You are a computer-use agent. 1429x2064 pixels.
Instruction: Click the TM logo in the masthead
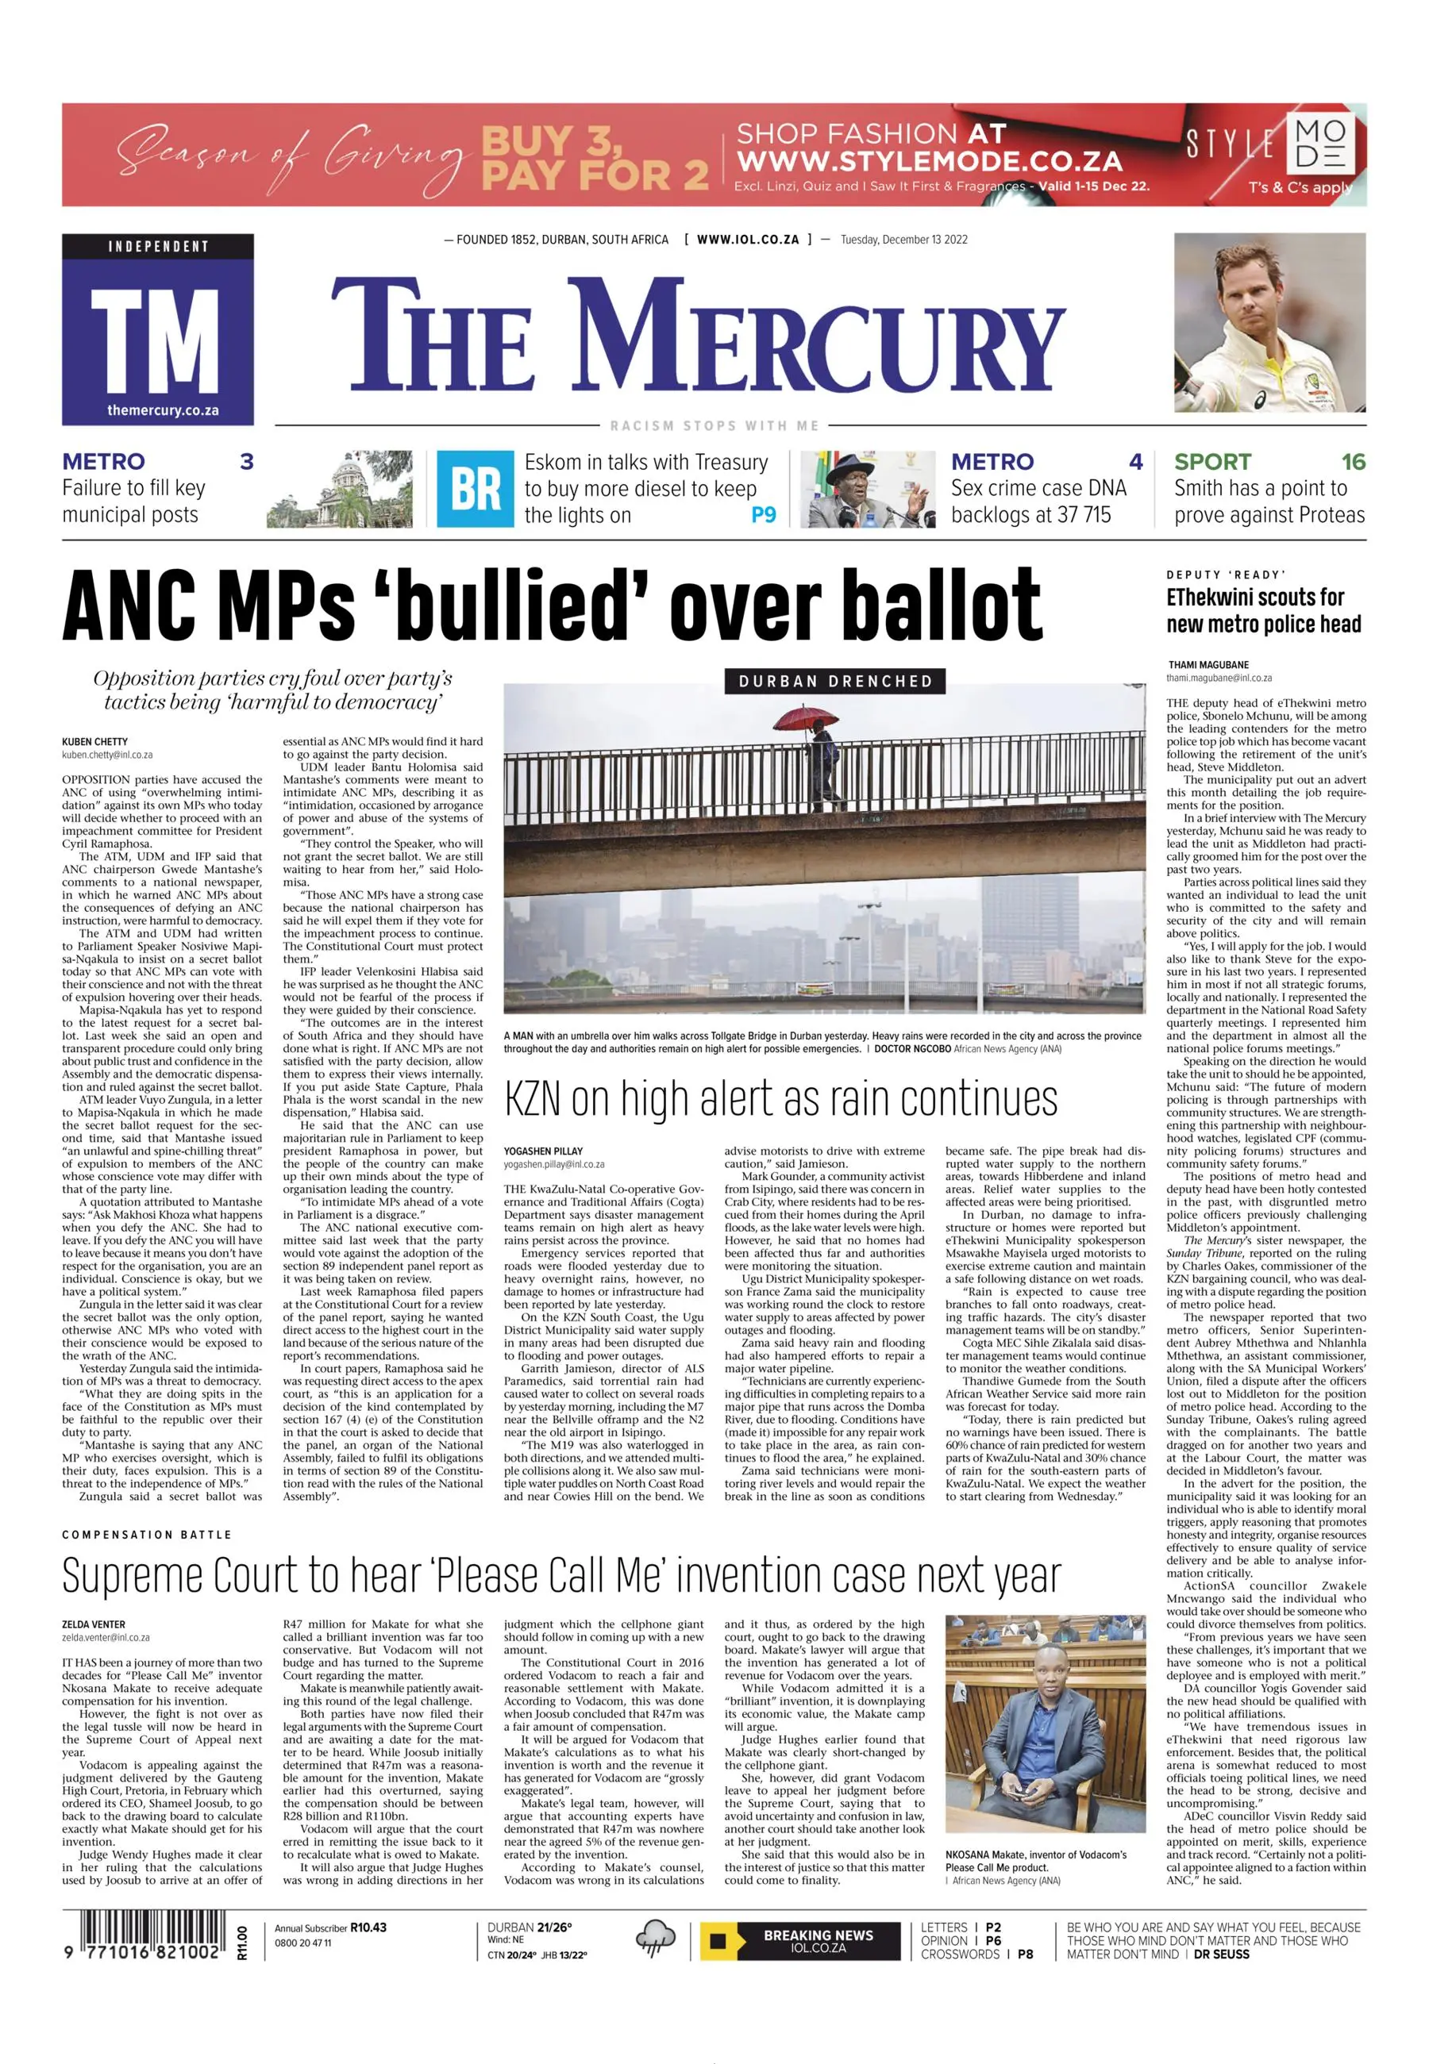tap(157, 329)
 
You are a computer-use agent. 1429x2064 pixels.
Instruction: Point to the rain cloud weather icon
tap(656, 1939)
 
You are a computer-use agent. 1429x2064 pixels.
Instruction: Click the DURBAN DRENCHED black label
tap(834, 681)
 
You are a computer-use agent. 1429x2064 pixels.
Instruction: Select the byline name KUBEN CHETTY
tap(95, 742)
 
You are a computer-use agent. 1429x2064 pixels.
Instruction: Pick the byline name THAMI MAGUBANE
tap(1208, 665)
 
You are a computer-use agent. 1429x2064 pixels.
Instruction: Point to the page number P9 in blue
tap(763, 516)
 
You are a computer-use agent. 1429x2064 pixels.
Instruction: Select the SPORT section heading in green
tap(1212, 462)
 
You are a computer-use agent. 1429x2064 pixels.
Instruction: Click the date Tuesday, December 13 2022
tap(903, 240)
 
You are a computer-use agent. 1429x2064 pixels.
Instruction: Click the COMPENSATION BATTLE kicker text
tap(147, 1534)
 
